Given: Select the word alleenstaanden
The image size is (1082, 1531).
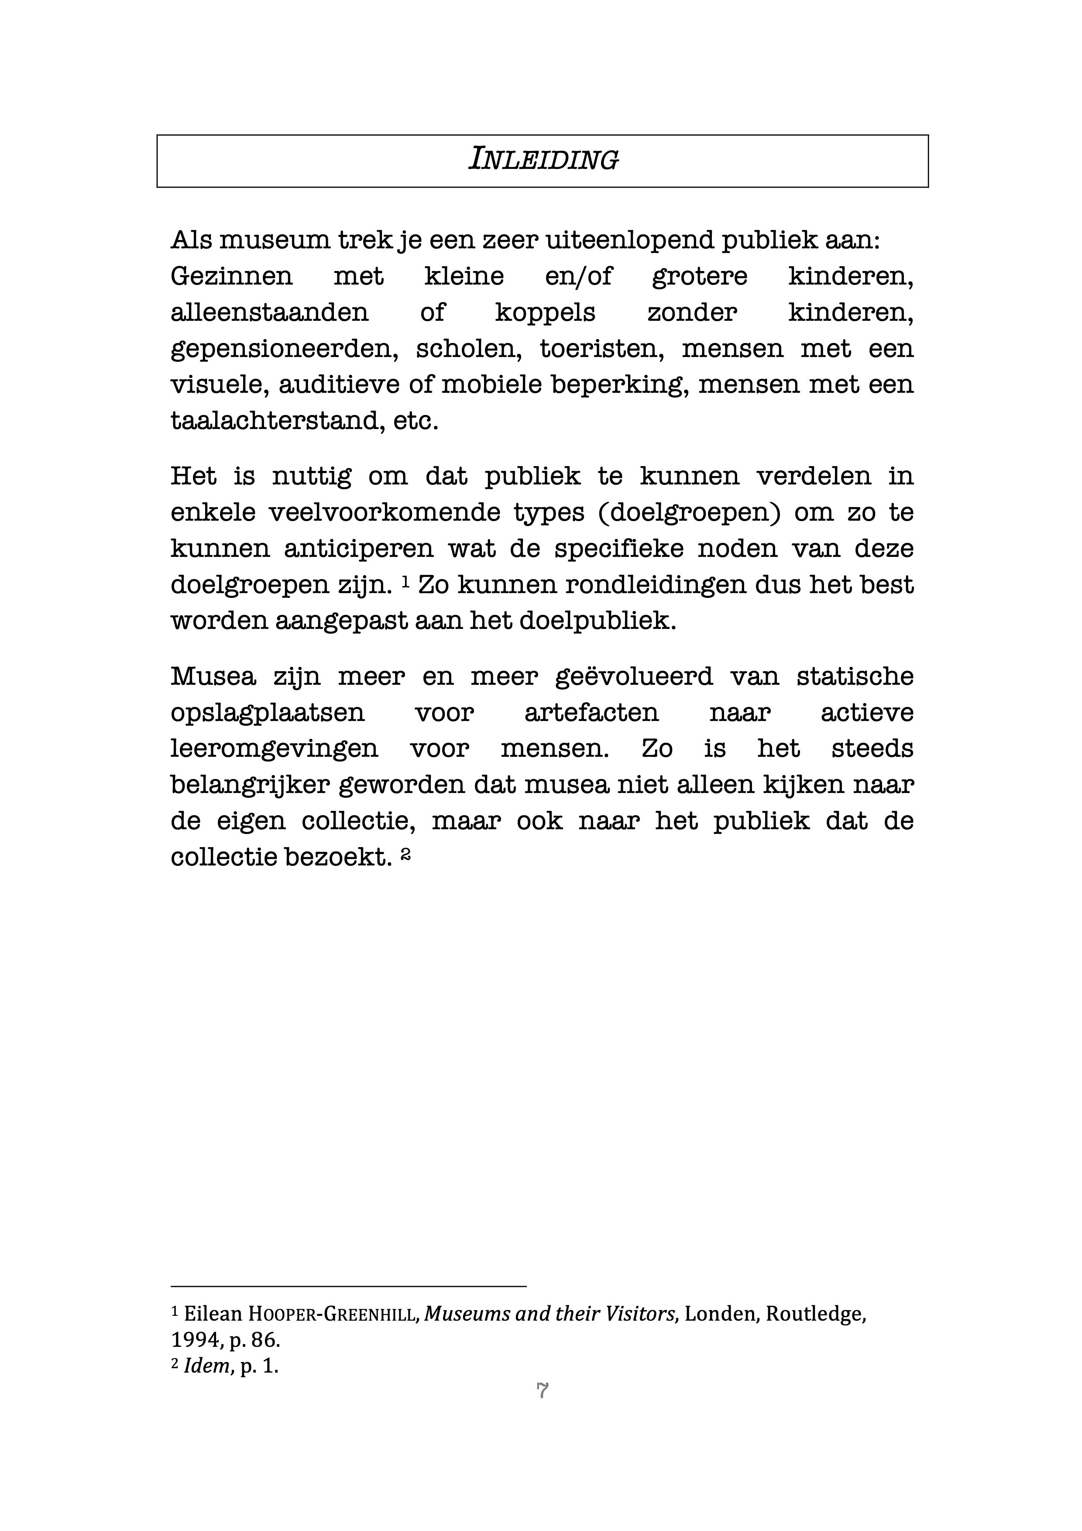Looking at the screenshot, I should click(269, 312).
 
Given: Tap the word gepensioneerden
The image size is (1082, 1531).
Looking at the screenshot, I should click(284, 349).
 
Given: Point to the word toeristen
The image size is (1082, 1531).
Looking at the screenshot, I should click(601, 349).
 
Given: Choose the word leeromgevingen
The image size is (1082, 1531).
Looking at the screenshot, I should click(274, 749).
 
